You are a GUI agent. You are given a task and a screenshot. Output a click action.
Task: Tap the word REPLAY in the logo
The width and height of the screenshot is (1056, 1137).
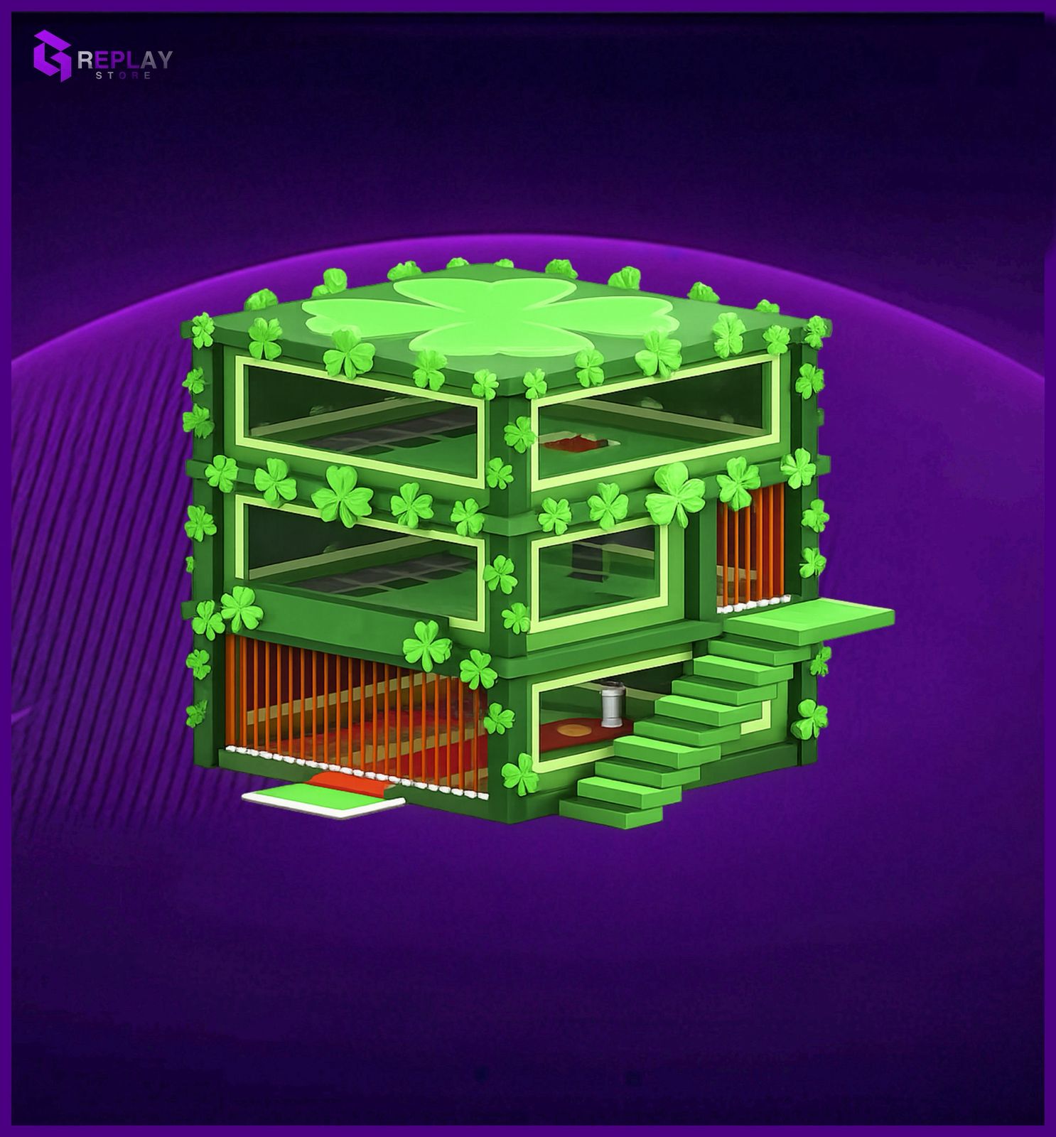click(x=124, y=59)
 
